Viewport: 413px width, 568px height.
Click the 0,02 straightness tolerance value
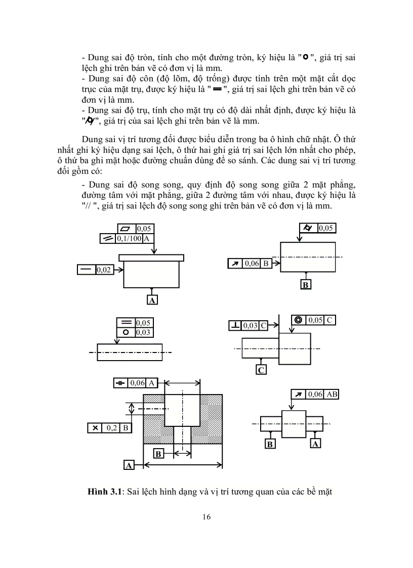pyautogui.click(x=104, y=270)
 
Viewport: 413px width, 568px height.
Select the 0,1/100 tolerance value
pyautogui.click(x=129, y=239)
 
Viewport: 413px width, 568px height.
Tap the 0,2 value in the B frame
pyautogui.click(x=111, y=428)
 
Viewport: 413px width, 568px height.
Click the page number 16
pyautogui.click(x=206, y=516)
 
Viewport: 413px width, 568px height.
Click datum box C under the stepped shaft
pyautogui.click(x=261, y=370)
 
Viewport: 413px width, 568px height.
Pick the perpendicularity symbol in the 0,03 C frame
pyautogui.click(x=235, y=325)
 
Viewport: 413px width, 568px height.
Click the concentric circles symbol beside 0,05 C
pyautogui.click(x=298, y=320)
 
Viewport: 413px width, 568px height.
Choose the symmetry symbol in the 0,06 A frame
pyautogui.click(x=120, y=383)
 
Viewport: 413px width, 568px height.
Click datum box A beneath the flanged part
pyautogui.click(x=152, y=300)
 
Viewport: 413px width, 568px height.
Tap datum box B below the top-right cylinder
pyautogui.click(x=305, y=285)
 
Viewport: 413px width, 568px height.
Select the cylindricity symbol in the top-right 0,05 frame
pyautogui.click(x=308, y=228)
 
